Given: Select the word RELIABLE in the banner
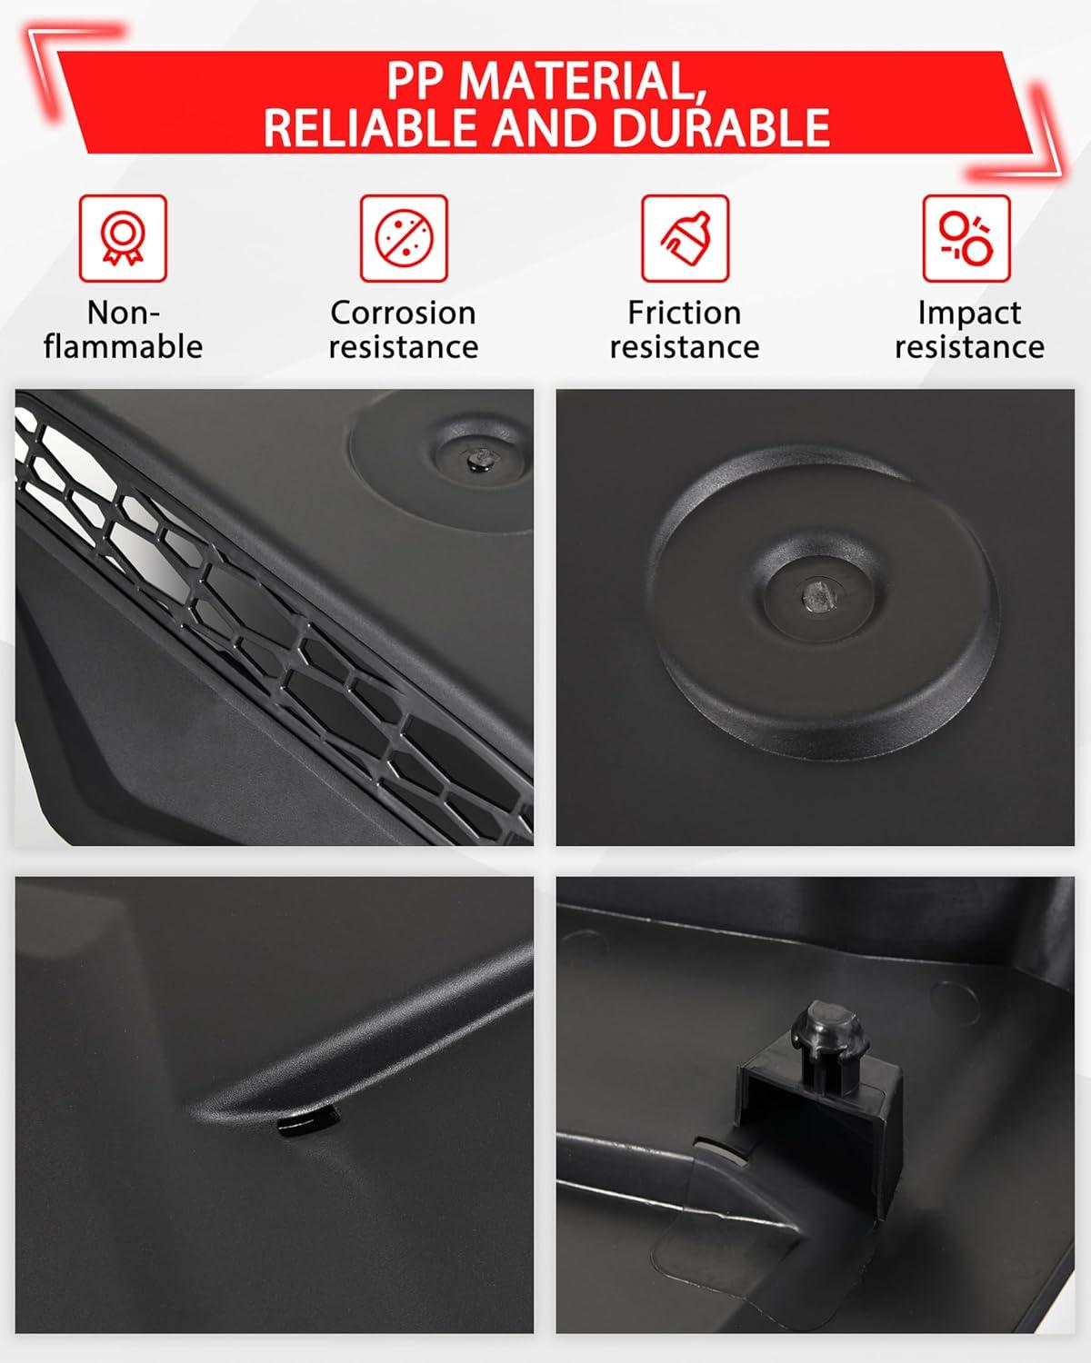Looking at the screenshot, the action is coord(370,127).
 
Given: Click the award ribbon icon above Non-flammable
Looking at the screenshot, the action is coord(123,238).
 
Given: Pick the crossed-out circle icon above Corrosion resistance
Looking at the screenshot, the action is coord(404,238).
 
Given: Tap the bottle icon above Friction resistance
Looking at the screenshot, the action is coord(686,238).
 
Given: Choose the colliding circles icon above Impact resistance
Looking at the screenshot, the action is coord(966,238).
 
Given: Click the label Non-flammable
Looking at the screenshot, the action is coord(123,330).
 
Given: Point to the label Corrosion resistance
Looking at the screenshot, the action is coord(404,330).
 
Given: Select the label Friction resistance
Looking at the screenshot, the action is coord(685,330).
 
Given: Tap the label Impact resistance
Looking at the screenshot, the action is coord(969,330).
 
